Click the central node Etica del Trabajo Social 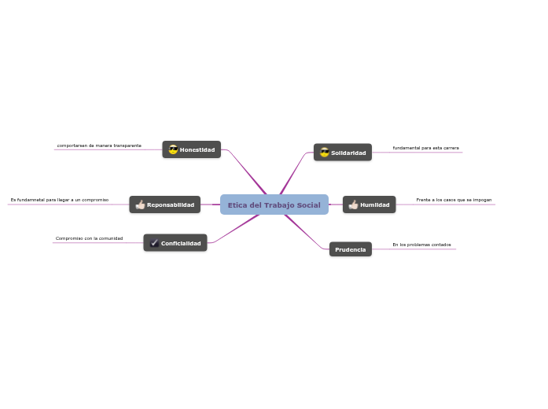[x=274, y=204]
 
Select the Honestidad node [x=192, y=149]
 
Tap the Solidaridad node [x=343, y=153]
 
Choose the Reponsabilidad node [x=165, y=204]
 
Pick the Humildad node [x=370, y=204]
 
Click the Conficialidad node [x=175, y=243]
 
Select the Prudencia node [x=351, y=249]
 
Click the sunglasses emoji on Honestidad [x=173, y=149]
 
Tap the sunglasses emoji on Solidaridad [x=324, y=153]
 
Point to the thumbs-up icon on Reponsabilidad [x=140, y=204]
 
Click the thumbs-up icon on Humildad [x=353, y=204]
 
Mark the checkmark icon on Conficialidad [x=154, y=243]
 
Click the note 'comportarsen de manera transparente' [x=99, y=146]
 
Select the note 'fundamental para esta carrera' [x=425, y=148]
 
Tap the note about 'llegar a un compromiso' [x=60, y=200]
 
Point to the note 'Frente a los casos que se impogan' [x=454, y=200]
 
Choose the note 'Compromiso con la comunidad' [x=89, y=238]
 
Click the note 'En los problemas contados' [x=421, y=245]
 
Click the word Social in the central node [x=308, y=205]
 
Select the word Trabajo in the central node [x=278, y=205]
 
